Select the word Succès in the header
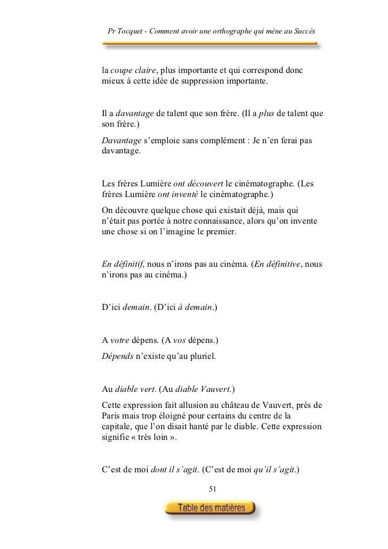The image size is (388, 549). [x=303, y=34]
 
